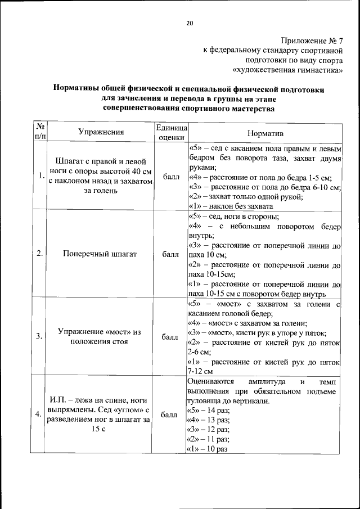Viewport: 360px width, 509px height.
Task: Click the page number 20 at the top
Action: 190,22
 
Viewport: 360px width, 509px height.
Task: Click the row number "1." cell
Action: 38,176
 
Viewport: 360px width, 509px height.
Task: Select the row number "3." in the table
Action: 38,336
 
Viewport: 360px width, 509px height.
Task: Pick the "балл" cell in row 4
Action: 170,416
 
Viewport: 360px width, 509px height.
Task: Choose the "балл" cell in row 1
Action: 170,177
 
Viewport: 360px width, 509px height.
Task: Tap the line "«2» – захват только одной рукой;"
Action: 245,196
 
